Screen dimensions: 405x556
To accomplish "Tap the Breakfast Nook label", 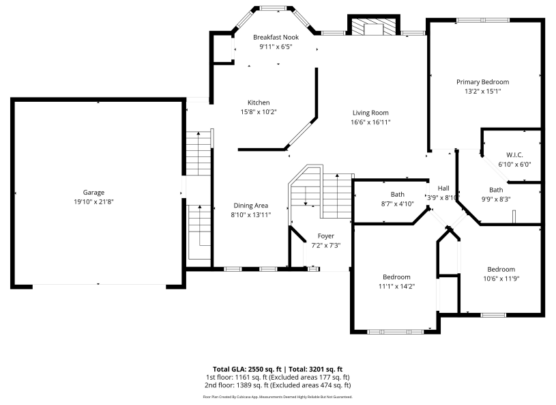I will (x=276, y=37).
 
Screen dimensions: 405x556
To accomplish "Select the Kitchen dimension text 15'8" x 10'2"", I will (x=258, y=112).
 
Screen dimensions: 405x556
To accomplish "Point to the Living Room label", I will (x=370, y=113).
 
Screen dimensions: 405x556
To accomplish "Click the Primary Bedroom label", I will (x=482, y=82).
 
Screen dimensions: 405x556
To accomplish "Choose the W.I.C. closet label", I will (x=514, y=155).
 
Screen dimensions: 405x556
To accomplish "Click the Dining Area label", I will (x=251, y=206).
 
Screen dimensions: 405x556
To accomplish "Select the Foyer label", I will (x=326, y=236).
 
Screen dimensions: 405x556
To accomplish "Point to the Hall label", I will (x=443, y=188).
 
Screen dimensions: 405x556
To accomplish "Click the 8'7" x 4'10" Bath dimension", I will (x=397, y=204).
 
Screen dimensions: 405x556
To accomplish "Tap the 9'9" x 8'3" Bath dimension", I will (x=496, y=199).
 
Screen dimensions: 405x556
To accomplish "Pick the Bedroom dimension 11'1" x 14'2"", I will (x=396, y=286).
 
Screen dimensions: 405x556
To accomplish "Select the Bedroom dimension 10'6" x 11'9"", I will (x=501, y=279).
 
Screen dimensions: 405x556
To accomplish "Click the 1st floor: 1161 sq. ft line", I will (x=278, y=377).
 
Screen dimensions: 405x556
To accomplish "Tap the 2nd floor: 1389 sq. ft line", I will (x=278, y=385).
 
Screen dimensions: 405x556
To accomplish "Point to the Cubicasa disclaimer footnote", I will (x=278, y=396).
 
